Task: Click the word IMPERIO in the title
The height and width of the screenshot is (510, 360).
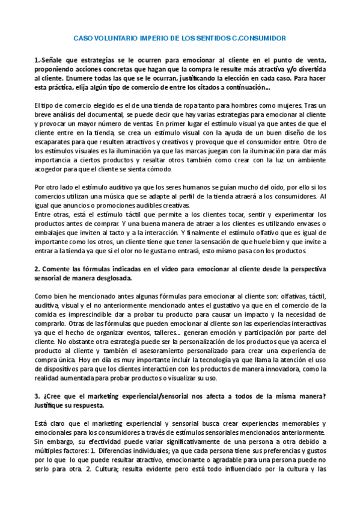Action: [143, 38]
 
